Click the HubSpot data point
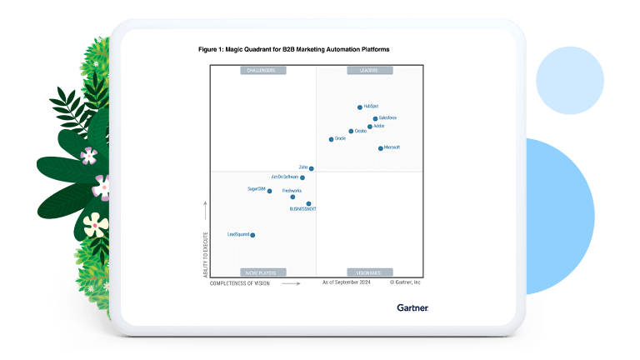click(x=360, y=107)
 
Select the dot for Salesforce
click(x=375, y=118)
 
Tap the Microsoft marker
click(x=381, y=148)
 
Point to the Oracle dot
click(x=331, y=139)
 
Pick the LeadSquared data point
click(x=252, y=235)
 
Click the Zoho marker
click(x=312, y=168)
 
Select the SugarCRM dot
click(x=269, y=191)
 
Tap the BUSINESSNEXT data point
click(x=308, y=203)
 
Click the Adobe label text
click(x=379, y=126)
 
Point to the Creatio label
click(x=361, y=131)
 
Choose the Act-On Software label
click(x=284, y=177)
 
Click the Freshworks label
click(x=292, y=191)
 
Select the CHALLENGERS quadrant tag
click(x=263, y=71)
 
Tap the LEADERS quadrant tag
click(x=368, y=71)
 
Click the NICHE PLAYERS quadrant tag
click(x=263, y=272)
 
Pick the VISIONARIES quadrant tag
click(x=368, y=272)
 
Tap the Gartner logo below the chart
click(x=412, y=307)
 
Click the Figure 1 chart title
click(x=293, y=50)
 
